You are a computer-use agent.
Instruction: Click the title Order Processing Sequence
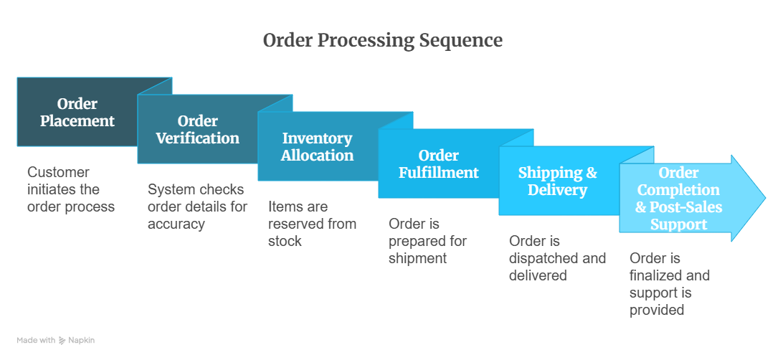point(382,40)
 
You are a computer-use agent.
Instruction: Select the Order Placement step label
point(77,113)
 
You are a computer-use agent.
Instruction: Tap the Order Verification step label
point(198,130)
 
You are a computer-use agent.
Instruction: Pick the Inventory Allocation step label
point(317,147)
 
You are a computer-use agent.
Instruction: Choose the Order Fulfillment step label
point(438,164)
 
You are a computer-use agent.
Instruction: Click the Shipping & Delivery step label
point(557,181)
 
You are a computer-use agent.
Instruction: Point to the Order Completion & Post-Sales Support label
point(678,199)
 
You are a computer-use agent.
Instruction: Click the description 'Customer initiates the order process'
point(70,189)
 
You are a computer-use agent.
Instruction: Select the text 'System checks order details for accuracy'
point(197,207)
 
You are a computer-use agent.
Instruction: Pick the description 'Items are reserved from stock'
point(312,224)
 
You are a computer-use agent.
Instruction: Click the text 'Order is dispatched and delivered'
point(557,258)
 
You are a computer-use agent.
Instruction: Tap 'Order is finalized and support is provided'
point(670,284)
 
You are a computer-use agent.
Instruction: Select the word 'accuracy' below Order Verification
point(176,224)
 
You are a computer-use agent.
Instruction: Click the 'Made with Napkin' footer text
point(56,340)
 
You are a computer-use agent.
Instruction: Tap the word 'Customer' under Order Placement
point(58,172)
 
